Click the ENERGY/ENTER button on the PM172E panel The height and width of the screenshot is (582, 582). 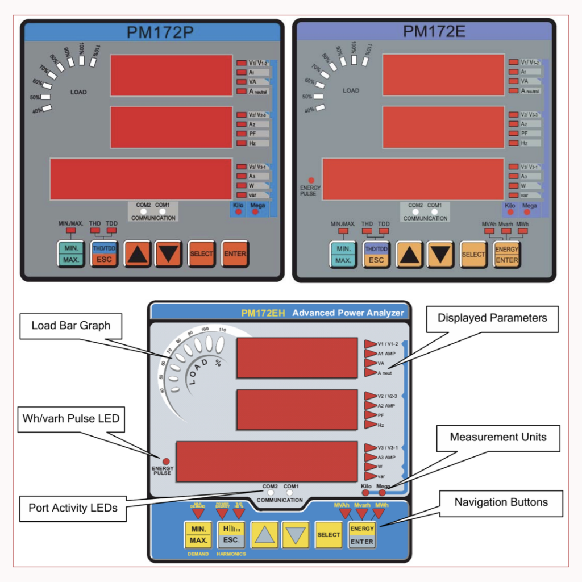point(506,254)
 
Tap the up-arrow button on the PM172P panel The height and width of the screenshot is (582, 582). point(136,254)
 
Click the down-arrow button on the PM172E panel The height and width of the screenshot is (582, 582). point(440,254)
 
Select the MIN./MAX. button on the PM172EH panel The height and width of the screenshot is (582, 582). point(198,534)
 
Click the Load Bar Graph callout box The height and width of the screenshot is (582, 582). point(70,326)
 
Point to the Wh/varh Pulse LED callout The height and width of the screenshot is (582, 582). point(71,419)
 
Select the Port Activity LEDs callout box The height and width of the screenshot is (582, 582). point(73,508)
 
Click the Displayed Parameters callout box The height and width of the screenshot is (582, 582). point(492,318)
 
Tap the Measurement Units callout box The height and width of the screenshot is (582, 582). point(498,437)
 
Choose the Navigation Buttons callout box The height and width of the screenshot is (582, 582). point(501,502)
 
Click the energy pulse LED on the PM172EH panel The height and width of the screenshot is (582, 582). point(166,461)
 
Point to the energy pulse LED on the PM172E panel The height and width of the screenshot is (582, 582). point(311,180)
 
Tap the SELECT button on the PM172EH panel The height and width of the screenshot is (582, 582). point(329,534)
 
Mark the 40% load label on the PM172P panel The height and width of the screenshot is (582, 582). point(38,111)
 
